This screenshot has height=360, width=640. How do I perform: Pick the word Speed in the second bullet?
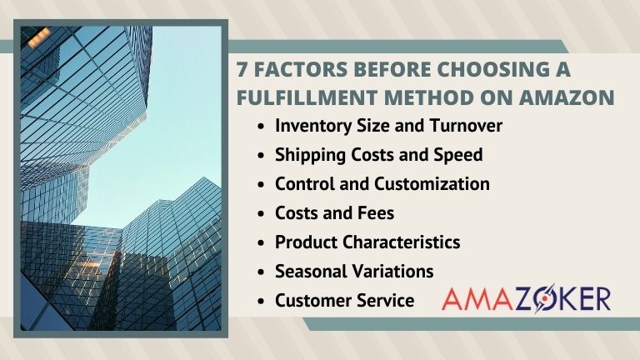tap(460, 155)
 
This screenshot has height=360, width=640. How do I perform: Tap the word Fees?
tap(375, 212)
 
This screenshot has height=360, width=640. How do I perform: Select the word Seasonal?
tap(309, 271)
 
